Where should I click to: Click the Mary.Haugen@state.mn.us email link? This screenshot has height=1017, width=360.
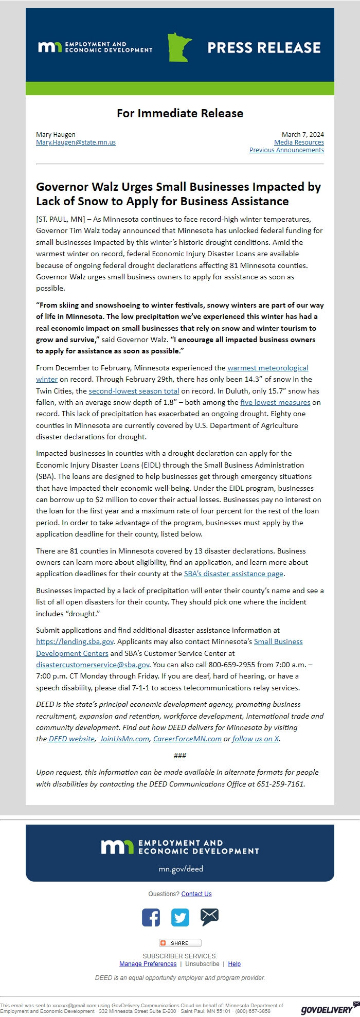coord(76,142)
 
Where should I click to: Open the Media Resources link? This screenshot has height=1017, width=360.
coord(299,142)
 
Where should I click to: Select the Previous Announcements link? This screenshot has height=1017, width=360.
coord(286,150)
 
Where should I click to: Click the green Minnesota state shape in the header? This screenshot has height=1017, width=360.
coord(179,47)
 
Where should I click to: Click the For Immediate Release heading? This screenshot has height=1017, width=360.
coord(180,113)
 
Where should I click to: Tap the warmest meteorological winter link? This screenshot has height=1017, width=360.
coord(267,368)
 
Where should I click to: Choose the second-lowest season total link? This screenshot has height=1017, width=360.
coord(134,391)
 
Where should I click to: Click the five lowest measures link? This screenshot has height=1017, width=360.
coord(275,402)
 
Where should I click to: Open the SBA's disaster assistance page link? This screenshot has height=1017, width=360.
coord(233,574)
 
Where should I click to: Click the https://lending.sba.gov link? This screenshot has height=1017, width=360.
coord(75,641)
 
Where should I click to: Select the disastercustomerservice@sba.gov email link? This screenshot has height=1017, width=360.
coord(93,665)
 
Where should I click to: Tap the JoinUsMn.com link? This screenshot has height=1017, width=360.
coord(124,739)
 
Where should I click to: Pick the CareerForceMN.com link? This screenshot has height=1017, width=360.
coord(187,739)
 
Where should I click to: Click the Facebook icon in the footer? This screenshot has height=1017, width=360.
coord(151,918)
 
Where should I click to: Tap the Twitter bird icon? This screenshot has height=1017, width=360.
coord(180,918)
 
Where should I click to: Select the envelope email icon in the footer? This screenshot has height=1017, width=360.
coord(209,917)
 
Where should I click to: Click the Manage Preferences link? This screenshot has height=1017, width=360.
coord(148,964)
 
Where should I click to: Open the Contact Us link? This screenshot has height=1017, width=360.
coord(196,894)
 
